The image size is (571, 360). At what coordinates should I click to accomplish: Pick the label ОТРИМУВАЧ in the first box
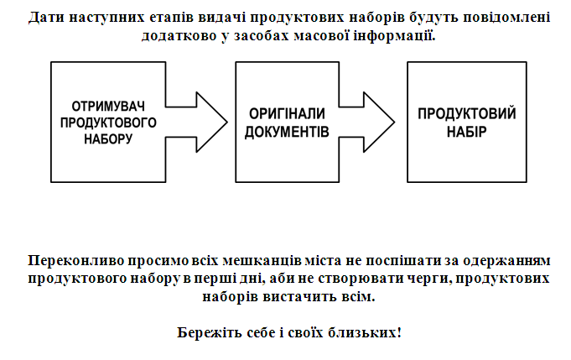pyautogui.click(x=108, y=107)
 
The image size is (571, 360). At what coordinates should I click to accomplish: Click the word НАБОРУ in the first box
pyautogui.click(x=108, y=138)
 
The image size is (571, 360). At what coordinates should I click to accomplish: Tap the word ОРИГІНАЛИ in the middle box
pyautogui.click(x=287, y=114)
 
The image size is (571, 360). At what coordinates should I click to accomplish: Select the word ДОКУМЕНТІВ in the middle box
pyautogui.click(x=287, y=132)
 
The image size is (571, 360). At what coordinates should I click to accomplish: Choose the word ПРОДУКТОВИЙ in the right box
pyautogui.click(x=467, y=113)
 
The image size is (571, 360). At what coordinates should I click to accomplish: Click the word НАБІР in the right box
pyautogui.click(x=467, y=132)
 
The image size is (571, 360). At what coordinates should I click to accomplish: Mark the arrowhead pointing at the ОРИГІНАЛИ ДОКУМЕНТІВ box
pyautogui.click(x=212, y=122)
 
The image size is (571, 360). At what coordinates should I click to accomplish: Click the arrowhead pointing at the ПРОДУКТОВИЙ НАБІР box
pyautogui.click(x=379, y=122)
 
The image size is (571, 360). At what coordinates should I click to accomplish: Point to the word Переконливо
pyautogui.click(x=76, y=260)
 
